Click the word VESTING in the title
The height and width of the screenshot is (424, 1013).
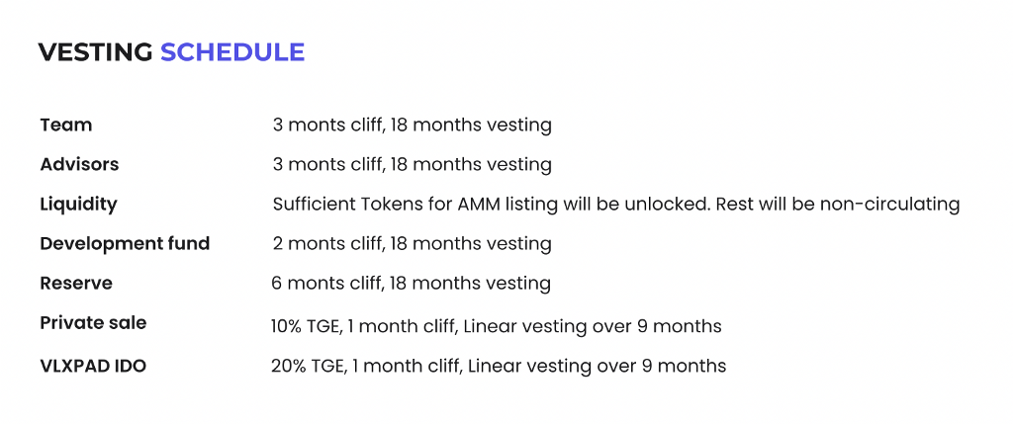click(x=96, y=52)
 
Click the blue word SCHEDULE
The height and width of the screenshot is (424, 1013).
click(x=232, y=52)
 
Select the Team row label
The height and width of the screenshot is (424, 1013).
click(x=66, y=125)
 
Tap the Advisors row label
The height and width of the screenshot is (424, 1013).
click(x=79, y=165)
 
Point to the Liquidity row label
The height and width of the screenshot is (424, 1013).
click(x=79, y=205)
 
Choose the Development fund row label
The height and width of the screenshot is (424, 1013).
click(x=125, y=244)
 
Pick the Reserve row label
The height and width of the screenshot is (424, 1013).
click(x=76, y=284)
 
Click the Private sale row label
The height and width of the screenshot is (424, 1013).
click(x=93, y=322)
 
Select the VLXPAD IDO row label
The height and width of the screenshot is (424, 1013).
click(x=93, y=367)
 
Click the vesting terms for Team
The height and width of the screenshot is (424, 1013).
click(x=413, y=126)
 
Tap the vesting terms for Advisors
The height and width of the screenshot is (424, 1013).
click(x=413, y=165)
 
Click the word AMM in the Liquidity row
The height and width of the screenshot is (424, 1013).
click(x=479, y=205)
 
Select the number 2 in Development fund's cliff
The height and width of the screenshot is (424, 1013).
click(x=278, y=244)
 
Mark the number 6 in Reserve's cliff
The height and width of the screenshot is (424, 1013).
click(x=277, y=284)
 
